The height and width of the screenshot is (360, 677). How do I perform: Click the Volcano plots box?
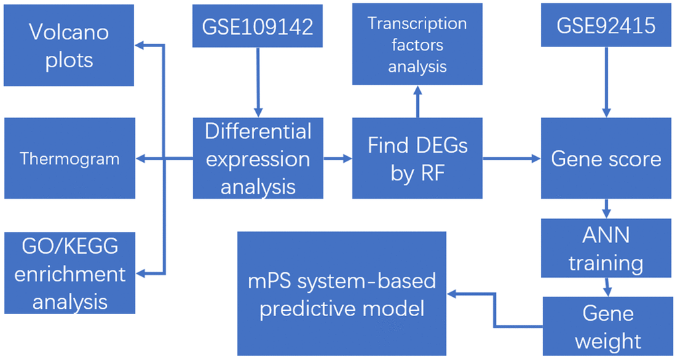pyautogui.click(x=69, y=46)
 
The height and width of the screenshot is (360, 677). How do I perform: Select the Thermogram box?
pyautogui.click(x=69, y=158)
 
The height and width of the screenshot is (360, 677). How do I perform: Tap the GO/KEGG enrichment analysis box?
pyautogui.click(x=69, y=273)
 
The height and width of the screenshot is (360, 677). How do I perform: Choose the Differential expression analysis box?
pyautogui.click(x=258, y=158)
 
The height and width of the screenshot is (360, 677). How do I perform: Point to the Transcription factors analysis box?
pyautogui.click(x=417, y=45)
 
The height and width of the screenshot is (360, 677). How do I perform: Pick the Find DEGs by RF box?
pyautogui.click(x=417, y=158)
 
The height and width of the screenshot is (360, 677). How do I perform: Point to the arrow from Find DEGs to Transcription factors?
pyautogui.click(x=417, y=103)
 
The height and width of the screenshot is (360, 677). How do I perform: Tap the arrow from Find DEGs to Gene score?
pyautogui.click(x=511, y=159)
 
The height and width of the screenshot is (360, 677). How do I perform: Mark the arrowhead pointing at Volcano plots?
pyautogui.click(x=141, y=45)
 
